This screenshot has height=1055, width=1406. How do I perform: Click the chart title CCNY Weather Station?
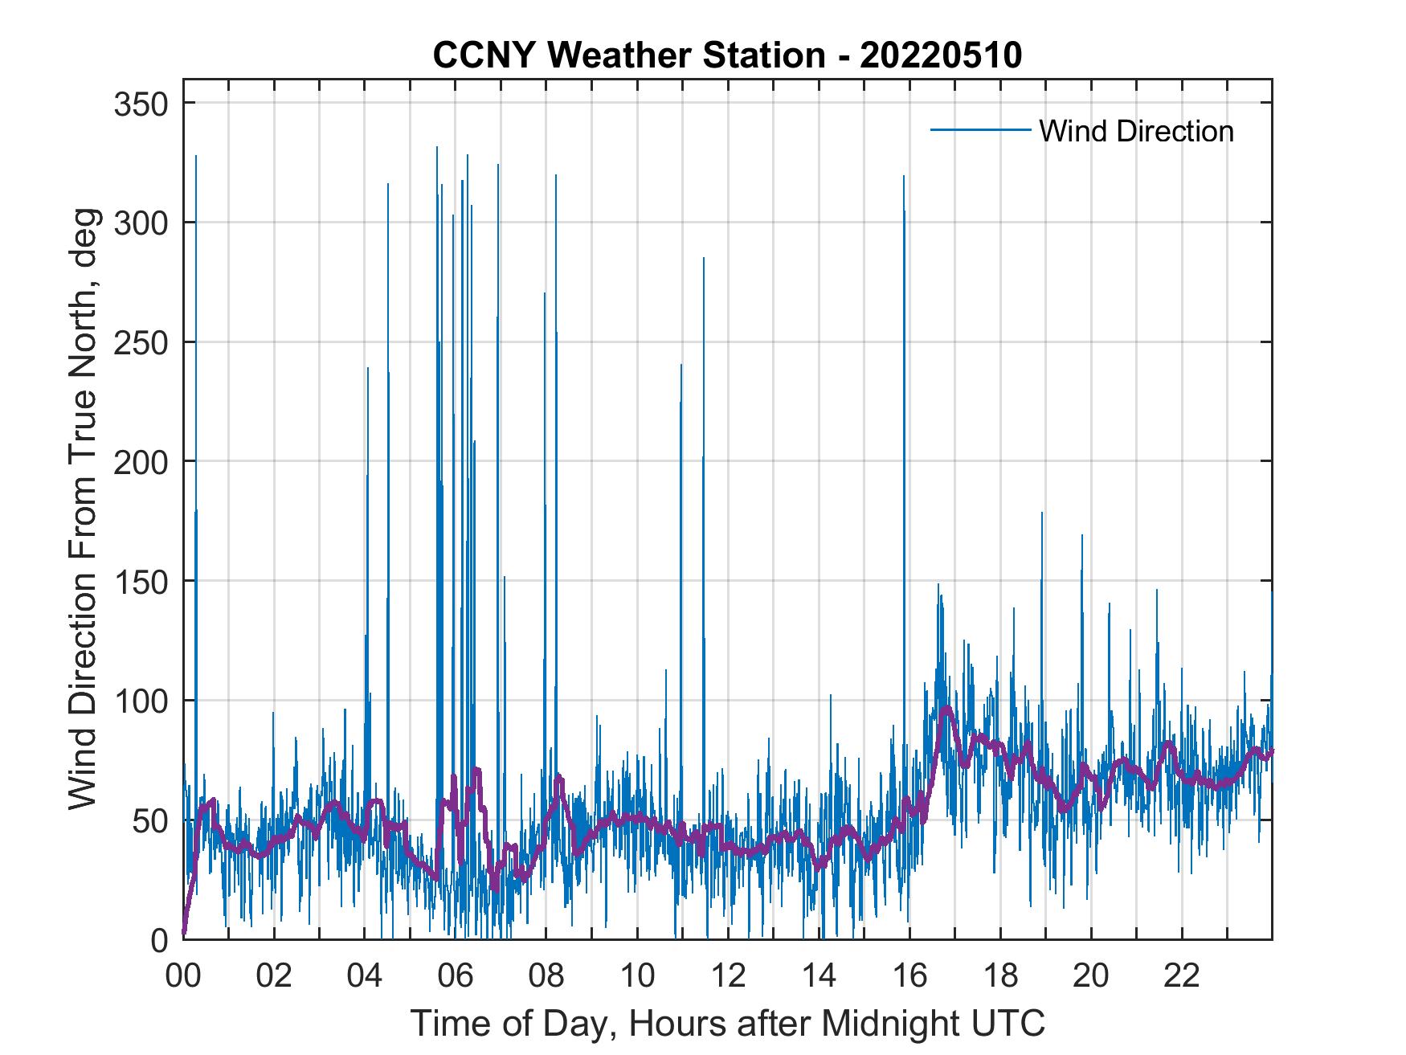(x=628, y=55)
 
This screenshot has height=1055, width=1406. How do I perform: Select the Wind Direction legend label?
(x=1136, y=131)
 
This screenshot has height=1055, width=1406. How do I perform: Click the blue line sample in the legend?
(x=979, y=130)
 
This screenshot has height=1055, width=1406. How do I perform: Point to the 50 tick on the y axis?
(x=152, y=820)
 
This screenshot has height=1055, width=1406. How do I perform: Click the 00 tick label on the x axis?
(x=183, y=977)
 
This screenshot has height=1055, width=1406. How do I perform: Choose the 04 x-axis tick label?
(x=365, y=977)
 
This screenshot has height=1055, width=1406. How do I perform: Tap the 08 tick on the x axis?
(x=546, y=977)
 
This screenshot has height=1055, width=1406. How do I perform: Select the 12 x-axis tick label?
(x=728, y=977)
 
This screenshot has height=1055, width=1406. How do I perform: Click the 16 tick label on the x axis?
(x=909, y=977)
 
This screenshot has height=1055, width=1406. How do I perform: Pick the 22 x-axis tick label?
(x=1182, y=977)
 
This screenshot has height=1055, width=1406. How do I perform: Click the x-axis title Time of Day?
(x=727, y=1023)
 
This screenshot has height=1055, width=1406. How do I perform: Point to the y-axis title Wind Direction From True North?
(x=84, y=509)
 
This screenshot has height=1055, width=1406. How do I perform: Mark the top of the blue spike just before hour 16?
(x=904, y=176)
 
